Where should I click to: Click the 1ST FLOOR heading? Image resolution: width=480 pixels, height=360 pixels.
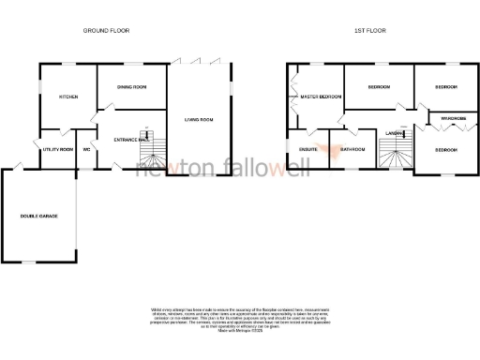(370, 31)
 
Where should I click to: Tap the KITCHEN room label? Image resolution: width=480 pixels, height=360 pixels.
(68, 97)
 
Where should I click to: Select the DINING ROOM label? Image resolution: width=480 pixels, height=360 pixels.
(131, 87)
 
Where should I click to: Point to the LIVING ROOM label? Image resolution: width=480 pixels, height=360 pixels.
(199, 120)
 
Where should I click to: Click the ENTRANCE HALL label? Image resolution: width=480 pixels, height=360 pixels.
(131, 139)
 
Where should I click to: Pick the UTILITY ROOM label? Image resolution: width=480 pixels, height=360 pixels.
(58, 149)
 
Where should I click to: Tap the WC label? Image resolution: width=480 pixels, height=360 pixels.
(86, 149)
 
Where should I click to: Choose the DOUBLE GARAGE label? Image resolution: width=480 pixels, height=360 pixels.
(39, 217)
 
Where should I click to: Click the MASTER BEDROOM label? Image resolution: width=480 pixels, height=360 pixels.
(320, 97)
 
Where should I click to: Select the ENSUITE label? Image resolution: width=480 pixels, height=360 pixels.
(308, 149)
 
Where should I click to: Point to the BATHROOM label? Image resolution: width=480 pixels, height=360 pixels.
(352, 149)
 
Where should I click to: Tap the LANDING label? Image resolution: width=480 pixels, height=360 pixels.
(394, 134)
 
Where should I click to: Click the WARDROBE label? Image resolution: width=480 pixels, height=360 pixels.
(447, 118)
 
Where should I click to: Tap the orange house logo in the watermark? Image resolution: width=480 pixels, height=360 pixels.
(326, 148)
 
